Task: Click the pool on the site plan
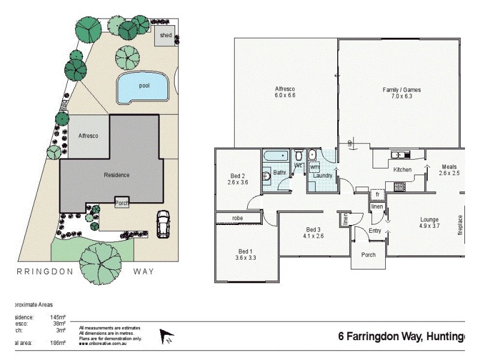(x=143, y=87)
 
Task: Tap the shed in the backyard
(x=165, y=35)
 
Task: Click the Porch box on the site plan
(x=122, y=202)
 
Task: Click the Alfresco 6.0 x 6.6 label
(x=285, y=92)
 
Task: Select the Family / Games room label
(x=401, y=93)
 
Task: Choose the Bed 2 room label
(x=238, y=179)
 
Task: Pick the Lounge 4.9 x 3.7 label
(x=429, y=222)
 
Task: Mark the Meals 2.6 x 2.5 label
(x=449, y=170)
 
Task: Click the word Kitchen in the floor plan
(x=402, y=170)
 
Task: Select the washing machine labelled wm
(x=314, y=167)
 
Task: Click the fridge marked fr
(x=377, y=195)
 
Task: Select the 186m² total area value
(x=58, y=343)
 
